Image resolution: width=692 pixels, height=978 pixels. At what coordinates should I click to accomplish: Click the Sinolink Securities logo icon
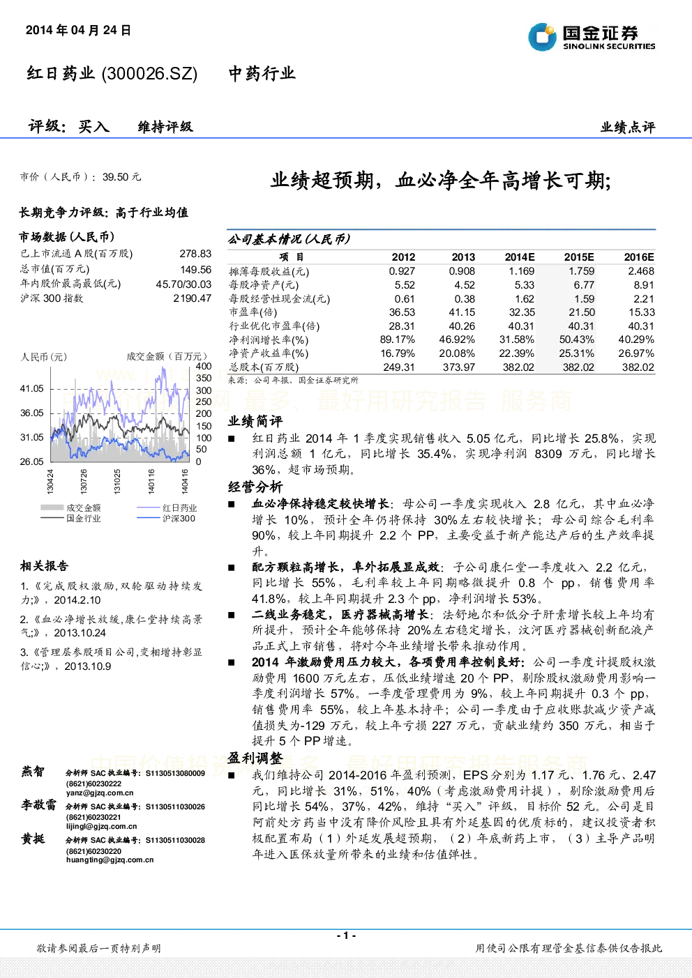coord(542,37)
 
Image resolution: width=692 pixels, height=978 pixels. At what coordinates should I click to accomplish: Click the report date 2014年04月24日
coord(78,30)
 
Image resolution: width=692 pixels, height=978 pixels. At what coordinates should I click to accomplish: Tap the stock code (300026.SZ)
coord(149,73)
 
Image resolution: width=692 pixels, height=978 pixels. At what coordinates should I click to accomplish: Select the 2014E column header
coord(520,257)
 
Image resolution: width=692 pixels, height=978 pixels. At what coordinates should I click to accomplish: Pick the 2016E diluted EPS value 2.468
coord(641,270)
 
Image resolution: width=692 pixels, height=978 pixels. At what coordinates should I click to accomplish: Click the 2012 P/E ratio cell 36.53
coord(402,312)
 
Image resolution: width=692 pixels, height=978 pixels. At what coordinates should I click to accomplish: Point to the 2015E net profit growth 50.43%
coord(577,339)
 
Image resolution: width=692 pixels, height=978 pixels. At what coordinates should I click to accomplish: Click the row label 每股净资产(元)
coord(264,285)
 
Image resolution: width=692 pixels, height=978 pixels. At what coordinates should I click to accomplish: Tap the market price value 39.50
coord(116,177)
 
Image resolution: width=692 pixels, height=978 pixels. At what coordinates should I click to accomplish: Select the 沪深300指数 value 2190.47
coord(193,298)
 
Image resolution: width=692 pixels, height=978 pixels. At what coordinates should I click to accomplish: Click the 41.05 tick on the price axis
coord(32,388)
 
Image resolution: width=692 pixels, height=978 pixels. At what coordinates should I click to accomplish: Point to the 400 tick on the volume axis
coord(204,366)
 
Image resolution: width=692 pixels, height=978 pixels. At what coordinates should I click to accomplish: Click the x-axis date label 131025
coord(117,481)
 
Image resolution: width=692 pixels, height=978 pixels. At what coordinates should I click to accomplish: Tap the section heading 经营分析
coord(255,487)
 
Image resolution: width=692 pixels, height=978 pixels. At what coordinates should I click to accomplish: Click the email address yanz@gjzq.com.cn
coord(100,793)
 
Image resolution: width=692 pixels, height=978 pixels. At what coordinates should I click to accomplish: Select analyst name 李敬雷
coord(38,804)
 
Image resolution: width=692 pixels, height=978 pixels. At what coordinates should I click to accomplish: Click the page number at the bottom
coord(346,935)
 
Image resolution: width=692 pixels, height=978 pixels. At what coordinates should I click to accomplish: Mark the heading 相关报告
coord(44,566)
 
